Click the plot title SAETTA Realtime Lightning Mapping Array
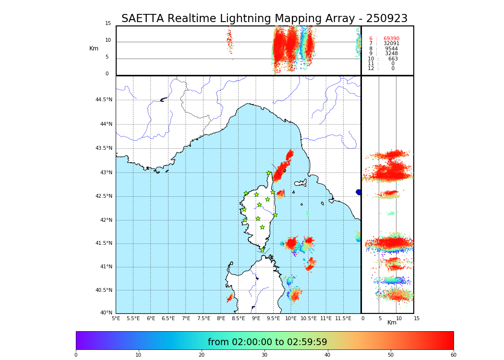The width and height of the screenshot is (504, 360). (264, 19)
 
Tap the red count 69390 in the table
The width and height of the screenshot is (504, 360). (391, 39)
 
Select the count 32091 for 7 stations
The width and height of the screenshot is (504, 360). (391, 44)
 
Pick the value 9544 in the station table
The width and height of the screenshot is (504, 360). (391, 49)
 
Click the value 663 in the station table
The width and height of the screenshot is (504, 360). (393, 59)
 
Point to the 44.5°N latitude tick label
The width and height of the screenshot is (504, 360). (104, 100)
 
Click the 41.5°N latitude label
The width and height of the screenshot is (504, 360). (104, 243)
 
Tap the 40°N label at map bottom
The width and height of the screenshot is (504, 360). (106, 313)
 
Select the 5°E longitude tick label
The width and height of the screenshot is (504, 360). (116, 318)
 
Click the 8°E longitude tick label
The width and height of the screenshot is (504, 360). (221, 318)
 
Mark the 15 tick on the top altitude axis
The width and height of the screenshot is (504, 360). (108, 24)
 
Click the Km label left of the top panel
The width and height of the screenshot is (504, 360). (94, 48)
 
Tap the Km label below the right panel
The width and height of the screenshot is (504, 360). (392, 323)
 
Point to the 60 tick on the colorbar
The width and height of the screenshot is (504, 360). (453, 355)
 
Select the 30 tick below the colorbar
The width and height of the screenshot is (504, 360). (264, 355)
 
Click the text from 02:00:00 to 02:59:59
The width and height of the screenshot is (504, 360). (267, 342)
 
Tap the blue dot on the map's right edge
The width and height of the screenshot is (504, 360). (359, 192)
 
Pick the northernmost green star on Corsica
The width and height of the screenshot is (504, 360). (269, 173)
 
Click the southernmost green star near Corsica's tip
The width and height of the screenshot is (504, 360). (262, 250)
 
